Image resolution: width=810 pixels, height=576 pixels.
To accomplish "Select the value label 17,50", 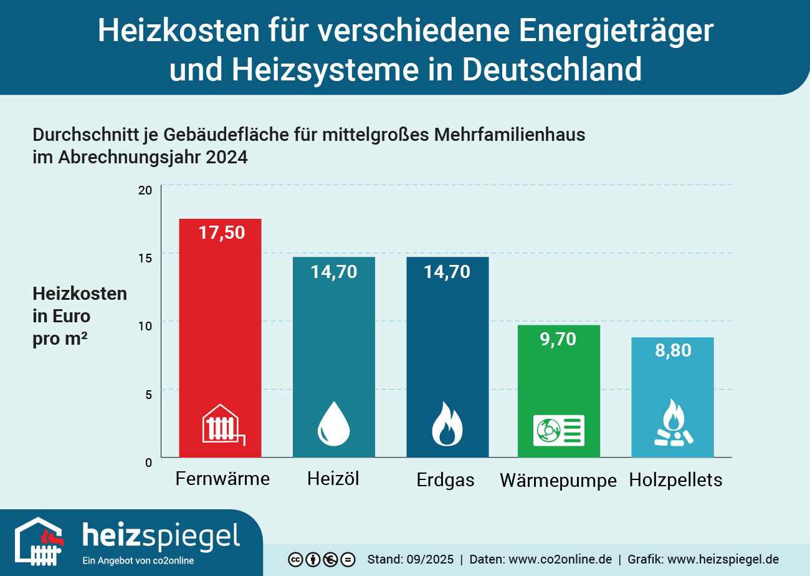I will tap(222, 233).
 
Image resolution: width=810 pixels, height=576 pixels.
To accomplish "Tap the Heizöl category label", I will tap(333, 479).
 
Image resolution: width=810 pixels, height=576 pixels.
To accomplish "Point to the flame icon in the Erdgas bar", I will tap(447, 425).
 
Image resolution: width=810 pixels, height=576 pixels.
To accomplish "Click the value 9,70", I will tap(559, 339).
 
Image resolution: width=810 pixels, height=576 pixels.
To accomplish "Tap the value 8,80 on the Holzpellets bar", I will tap(673, 351).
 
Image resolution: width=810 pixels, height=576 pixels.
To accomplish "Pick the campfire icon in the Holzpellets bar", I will tap(673, 424).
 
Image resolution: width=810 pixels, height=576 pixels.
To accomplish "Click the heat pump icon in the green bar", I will tap(559, 430).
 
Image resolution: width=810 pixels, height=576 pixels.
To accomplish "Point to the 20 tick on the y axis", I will tap(145, 190).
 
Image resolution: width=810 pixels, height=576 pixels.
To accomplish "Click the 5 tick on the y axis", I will tap(148, 394).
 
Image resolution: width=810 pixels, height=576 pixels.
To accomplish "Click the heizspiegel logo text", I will tap(161, 536).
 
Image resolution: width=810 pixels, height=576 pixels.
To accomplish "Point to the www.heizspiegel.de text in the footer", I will tap(723, 559).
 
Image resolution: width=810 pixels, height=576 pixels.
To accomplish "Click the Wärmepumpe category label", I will tap(558, 481).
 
